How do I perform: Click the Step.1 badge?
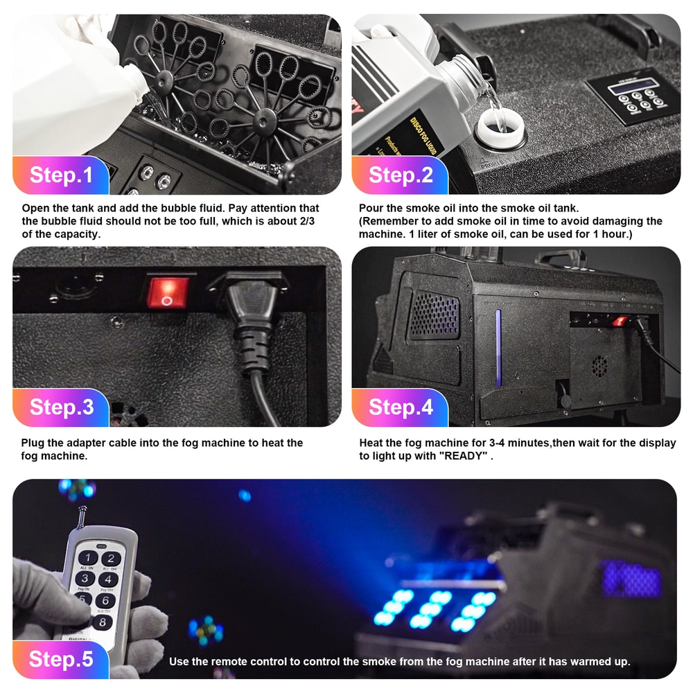point(61,175)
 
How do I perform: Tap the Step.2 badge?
point(400,175)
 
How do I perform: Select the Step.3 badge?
point(61,407)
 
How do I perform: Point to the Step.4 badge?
point(400,407)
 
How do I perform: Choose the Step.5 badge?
point(61,659)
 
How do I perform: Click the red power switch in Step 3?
point(166,291)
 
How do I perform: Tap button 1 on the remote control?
point(87,558)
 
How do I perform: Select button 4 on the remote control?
point(107,579)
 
